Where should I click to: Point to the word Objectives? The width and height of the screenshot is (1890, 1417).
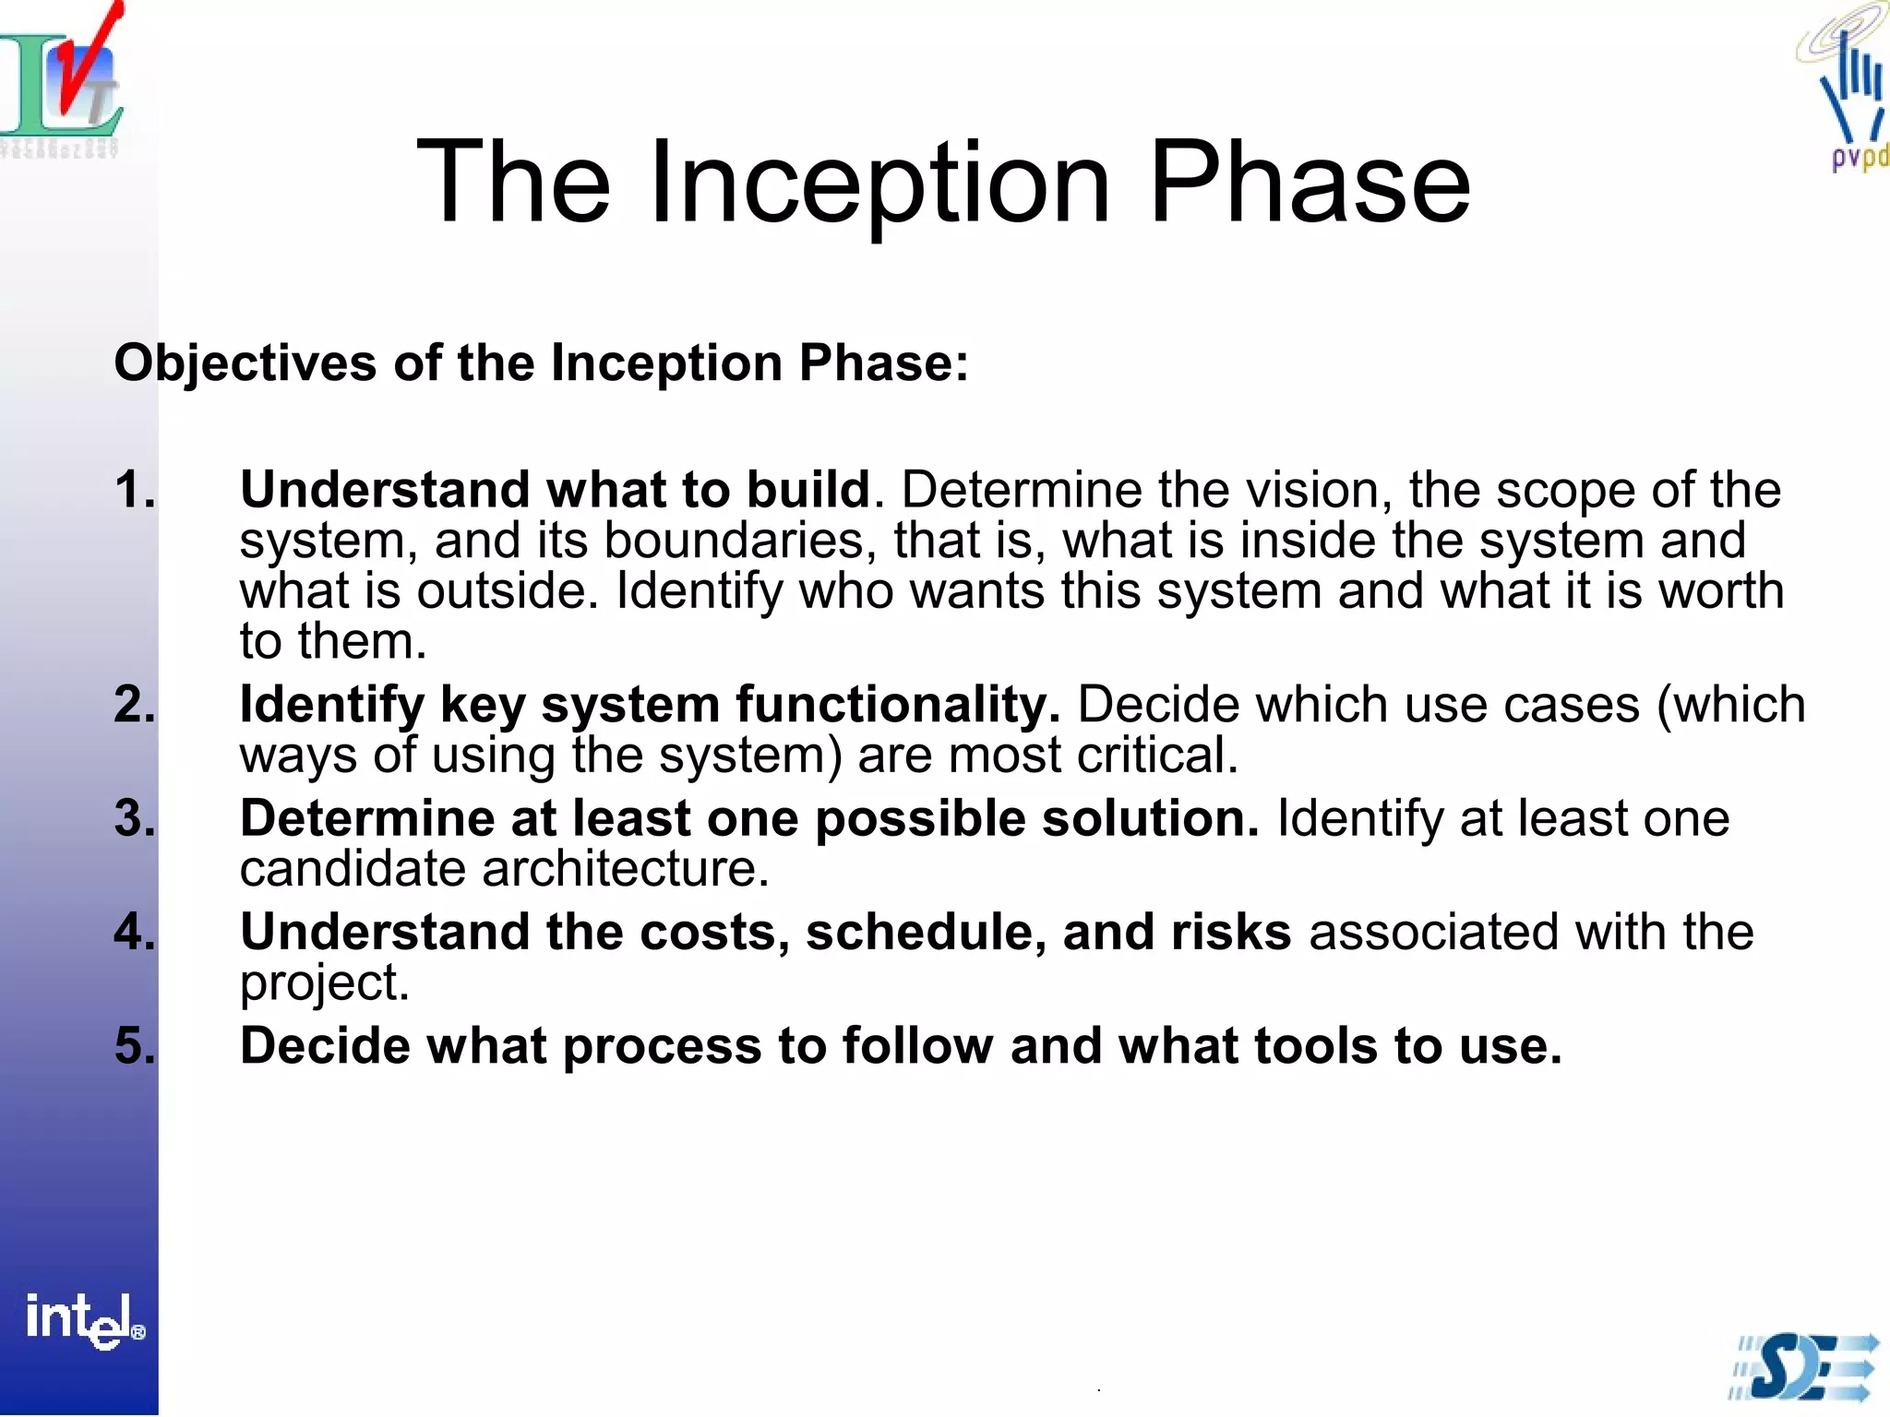click(245, 363)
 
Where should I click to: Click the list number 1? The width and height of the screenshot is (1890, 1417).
click(135, 489)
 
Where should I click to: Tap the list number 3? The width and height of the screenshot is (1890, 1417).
click(135, 818)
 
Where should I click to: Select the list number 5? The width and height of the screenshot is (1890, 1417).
click(135, 1046)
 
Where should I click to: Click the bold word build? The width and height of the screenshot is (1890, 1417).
click(808, 489)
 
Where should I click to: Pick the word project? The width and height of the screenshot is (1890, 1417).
click(323, 983)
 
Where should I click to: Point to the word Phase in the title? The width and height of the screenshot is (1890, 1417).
click(1310, 182)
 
